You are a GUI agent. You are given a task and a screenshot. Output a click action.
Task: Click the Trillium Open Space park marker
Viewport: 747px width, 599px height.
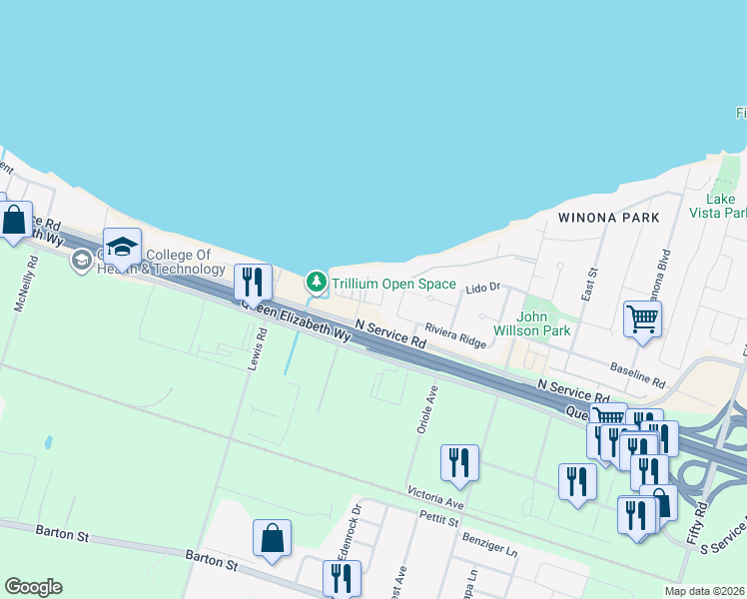click(317, 284)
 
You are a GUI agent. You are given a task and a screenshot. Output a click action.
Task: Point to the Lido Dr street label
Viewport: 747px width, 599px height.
click(482, 288)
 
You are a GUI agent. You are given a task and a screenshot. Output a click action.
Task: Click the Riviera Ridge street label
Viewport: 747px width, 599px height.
click(455, 334)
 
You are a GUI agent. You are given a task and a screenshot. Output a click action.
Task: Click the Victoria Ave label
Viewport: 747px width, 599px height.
click(435, 496)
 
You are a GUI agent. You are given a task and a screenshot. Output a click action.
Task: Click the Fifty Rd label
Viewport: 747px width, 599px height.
click(697, 522)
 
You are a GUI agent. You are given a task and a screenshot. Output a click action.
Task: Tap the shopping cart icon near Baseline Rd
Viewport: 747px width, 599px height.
click(643, 319)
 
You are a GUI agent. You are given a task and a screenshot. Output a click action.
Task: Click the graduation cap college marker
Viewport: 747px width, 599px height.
click(122, 247)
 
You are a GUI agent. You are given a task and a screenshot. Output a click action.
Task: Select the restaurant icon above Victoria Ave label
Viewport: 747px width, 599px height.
click(459, 462)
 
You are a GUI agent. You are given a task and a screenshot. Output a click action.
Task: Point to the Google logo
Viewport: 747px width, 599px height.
click(33, 587)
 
